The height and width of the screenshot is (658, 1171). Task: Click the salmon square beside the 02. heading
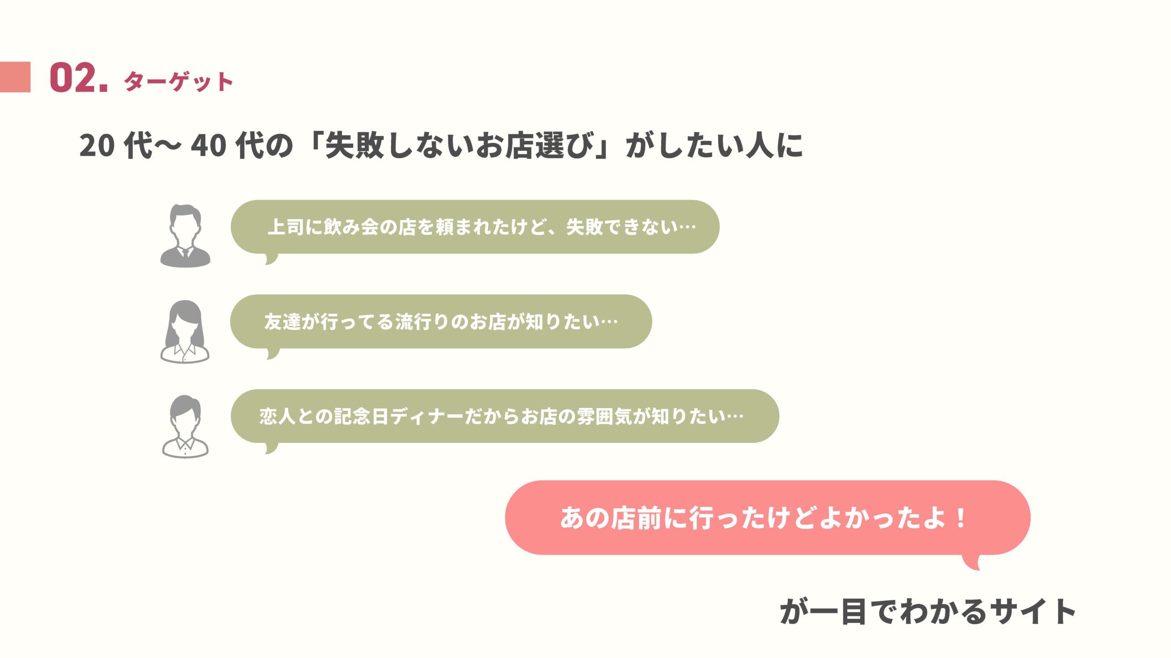15,77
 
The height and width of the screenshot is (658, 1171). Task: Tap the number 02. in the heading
79,78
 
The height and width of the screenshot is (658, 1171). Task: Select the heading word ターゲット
178,82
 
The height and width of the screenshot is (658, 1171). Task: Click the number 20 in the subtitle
97,146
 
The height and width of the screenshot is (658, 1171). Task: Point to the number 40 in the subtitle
209,146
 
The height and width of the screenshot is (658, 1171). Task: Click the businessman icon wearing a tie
185,236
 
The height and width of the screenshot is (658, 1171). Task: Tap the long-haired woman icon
185,331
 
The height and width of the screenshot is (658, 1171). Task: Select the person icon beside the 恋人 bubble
185,426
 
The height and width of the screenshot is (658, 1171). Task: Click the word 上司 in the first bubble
286,227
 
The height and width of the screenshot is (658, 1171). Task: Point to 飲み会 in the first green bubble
351,227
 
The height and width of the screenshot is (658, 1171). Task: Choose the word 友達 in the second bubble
283,322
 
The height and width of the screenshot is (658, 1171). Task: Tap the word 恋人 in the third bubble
278,416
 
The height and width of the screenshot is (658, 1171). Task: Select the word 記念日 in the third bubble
361,416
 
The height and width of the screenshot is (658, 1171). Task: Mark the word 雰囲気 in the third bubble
605,416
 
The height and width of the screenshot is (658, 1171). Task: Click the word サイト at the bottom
1033,611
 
